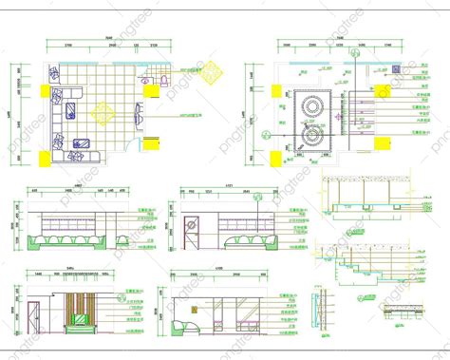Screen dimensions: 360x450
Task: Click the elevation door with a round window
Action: [190, 228]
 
